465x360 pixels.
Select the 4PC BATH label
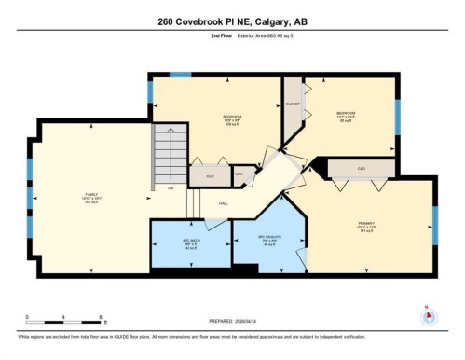tap(190, 243)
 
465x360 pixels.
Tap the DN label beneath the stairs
tap(171, 189)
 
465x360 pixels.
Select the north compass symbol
tap(429, 314)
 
